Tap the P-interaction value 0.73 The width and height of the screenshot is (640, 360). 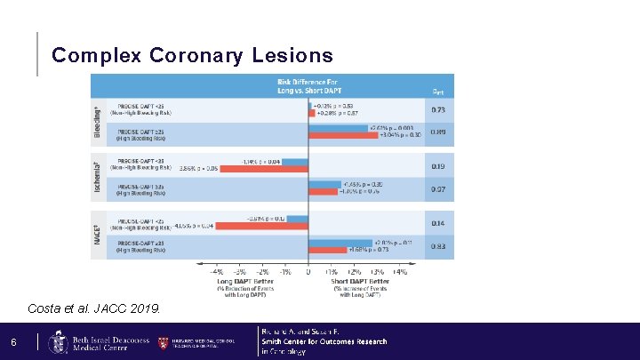point(438,110)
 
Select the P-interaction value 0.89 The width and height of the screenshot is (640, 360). point(438,132)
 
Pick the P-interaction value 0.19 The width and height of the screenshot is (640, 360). point(438,166)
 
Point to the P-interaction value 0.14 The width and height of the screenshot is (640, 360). point(438,223)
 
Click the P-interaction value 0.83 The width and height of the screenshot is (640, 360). point(438,246)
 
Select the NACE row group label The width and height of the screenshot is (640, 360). point(98,234)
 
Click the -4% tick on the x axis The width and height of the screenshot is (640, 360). point(217,272)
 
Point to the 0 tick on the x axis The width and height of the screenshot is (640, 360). point(308,272)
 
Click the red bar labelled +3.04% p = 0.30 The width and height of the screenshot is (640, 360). point(343,135)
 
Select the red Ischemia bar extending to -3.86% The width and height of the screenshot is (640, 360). point(264,169)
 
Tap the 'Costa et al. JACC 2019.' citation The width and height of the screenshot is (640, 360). point(95,308)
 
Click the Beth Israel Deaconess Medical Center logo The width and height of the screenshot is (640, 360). point(89,342)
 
